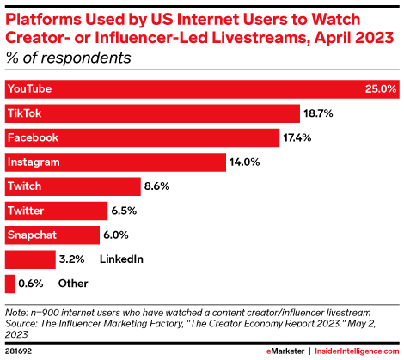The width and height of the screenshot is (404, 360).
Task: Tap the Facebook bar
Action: pos(142,137)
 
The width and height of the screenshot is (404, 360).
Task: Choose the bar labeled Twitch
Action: pos(72,186)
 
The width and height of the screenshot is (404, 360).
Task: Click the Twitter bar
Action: pos(56,211)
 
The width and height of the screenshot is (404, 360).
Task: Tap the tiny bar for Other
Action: pos(9,283)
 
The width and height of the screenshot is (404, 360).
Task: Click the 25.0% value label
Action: pos(382,88)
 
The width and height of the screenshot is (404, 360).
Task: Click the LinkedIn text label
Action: pos(120,259)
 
